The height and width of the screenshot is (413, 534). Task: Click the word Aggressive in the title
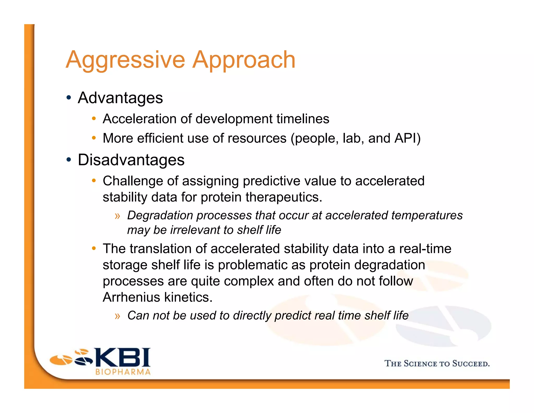point(125,60)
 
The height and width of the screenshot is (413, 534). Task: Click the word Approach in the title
point(244,60)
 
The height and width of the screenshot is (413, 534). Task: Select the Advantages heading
point(120,98)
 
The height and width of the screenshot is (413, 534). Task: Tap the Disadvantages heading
point(131,160)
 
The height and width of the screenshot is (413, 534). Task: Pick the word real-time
point(425,249)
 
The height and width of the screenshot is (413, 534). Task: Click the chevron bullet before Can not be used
point(117,316)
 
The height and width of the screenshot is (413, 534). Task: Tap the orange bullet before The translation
point(94,248)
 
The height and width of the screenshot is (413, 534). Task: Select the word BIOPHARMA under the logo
point(123,372)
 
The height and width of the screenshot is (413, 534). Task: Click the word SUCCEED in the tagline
point(471,364)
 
